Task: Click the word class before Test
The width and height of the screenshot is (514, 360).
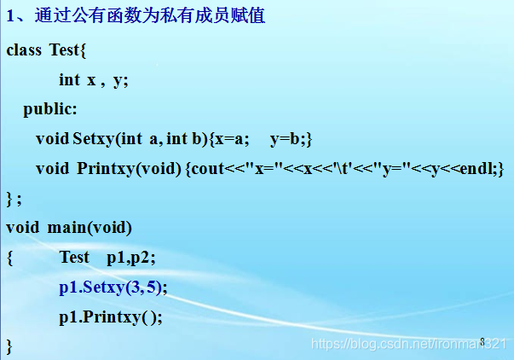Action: (24, 50)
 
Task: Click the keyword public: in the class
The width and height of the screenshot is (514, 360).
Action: (50, 109)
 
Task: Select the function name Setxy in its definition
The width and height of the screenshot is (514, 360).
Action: (93, 139)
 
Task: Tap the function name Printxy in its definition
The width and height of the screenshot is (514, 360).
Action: (106, 169)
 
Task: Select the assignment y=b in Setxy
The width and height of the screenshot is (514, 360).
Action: (285, 139)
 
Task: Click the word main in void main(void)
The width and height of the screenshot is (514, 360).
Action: (66, 228)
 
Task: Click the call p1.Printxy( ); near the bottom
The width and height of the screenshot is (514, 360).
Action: (111, 317)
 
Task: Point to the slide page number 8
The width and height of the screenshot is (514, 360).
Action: (482, 341)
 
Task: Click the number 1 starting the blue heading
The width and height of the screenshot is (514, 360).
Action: (10, 15)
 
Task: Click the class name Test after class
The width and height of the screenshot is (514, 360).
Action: (64, 49)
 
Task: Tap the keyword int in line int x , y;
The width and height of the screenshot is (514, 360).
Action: (69, 79)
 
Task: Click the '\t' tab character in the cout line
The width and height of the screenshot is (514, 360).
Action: (341, 168)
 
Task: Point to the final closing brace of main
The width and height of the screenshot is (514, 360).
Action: (9, 346)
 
